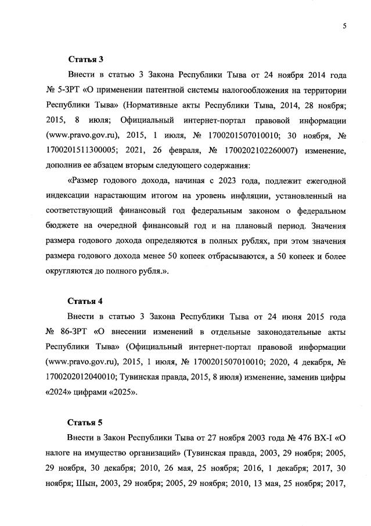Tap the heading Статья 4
(x=85, y=301)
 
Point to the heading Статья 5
(x=85, y=423)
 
